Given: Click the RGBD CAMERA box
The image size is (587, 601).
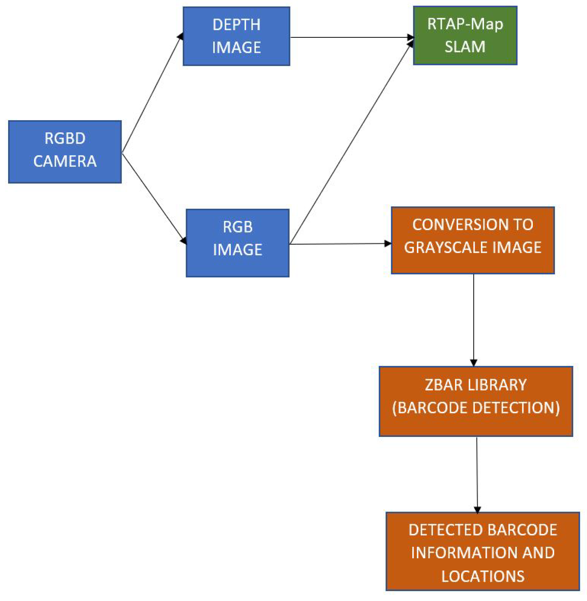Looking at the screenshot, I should coord(65,152).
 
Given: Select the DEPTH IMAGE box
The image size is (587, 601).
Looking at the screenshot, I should coord(236,36).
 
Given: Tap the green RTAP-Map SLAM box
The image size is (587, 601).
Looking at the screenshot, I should coord(465,35).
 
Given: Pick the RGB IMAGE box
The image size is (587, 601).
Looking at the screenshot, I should coord(237,243).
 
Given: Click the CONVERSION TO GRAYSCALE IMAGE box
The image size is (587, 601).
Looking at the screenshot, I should coord(473,240).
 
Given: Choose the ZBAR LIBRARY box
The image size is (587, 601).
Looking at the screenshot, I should coord(475,401).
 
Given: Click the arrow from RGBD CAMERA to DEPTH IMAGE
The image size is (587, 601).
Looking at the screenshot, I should coord(151,94).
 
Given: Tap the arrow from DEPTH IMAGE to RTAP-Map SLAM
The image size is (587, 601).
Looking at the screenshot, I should coord(351,37).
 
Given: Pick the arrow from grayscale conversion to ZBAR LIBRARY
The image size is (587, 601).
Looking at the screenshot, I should coord(474,319).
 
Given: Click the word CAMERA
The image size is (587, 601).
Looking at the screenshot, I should coord(65,161).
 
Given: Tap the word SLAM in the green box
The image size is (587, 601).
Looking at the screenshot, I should coord(465,47).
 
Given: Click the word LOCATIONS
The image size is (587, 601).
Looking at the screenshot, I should coord(483,576).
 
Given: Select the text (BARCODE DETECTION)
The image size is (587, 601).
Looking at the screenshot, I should coord(475,408).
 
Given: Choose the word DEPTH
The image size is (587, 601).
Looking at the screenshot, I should coord(236,25).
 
